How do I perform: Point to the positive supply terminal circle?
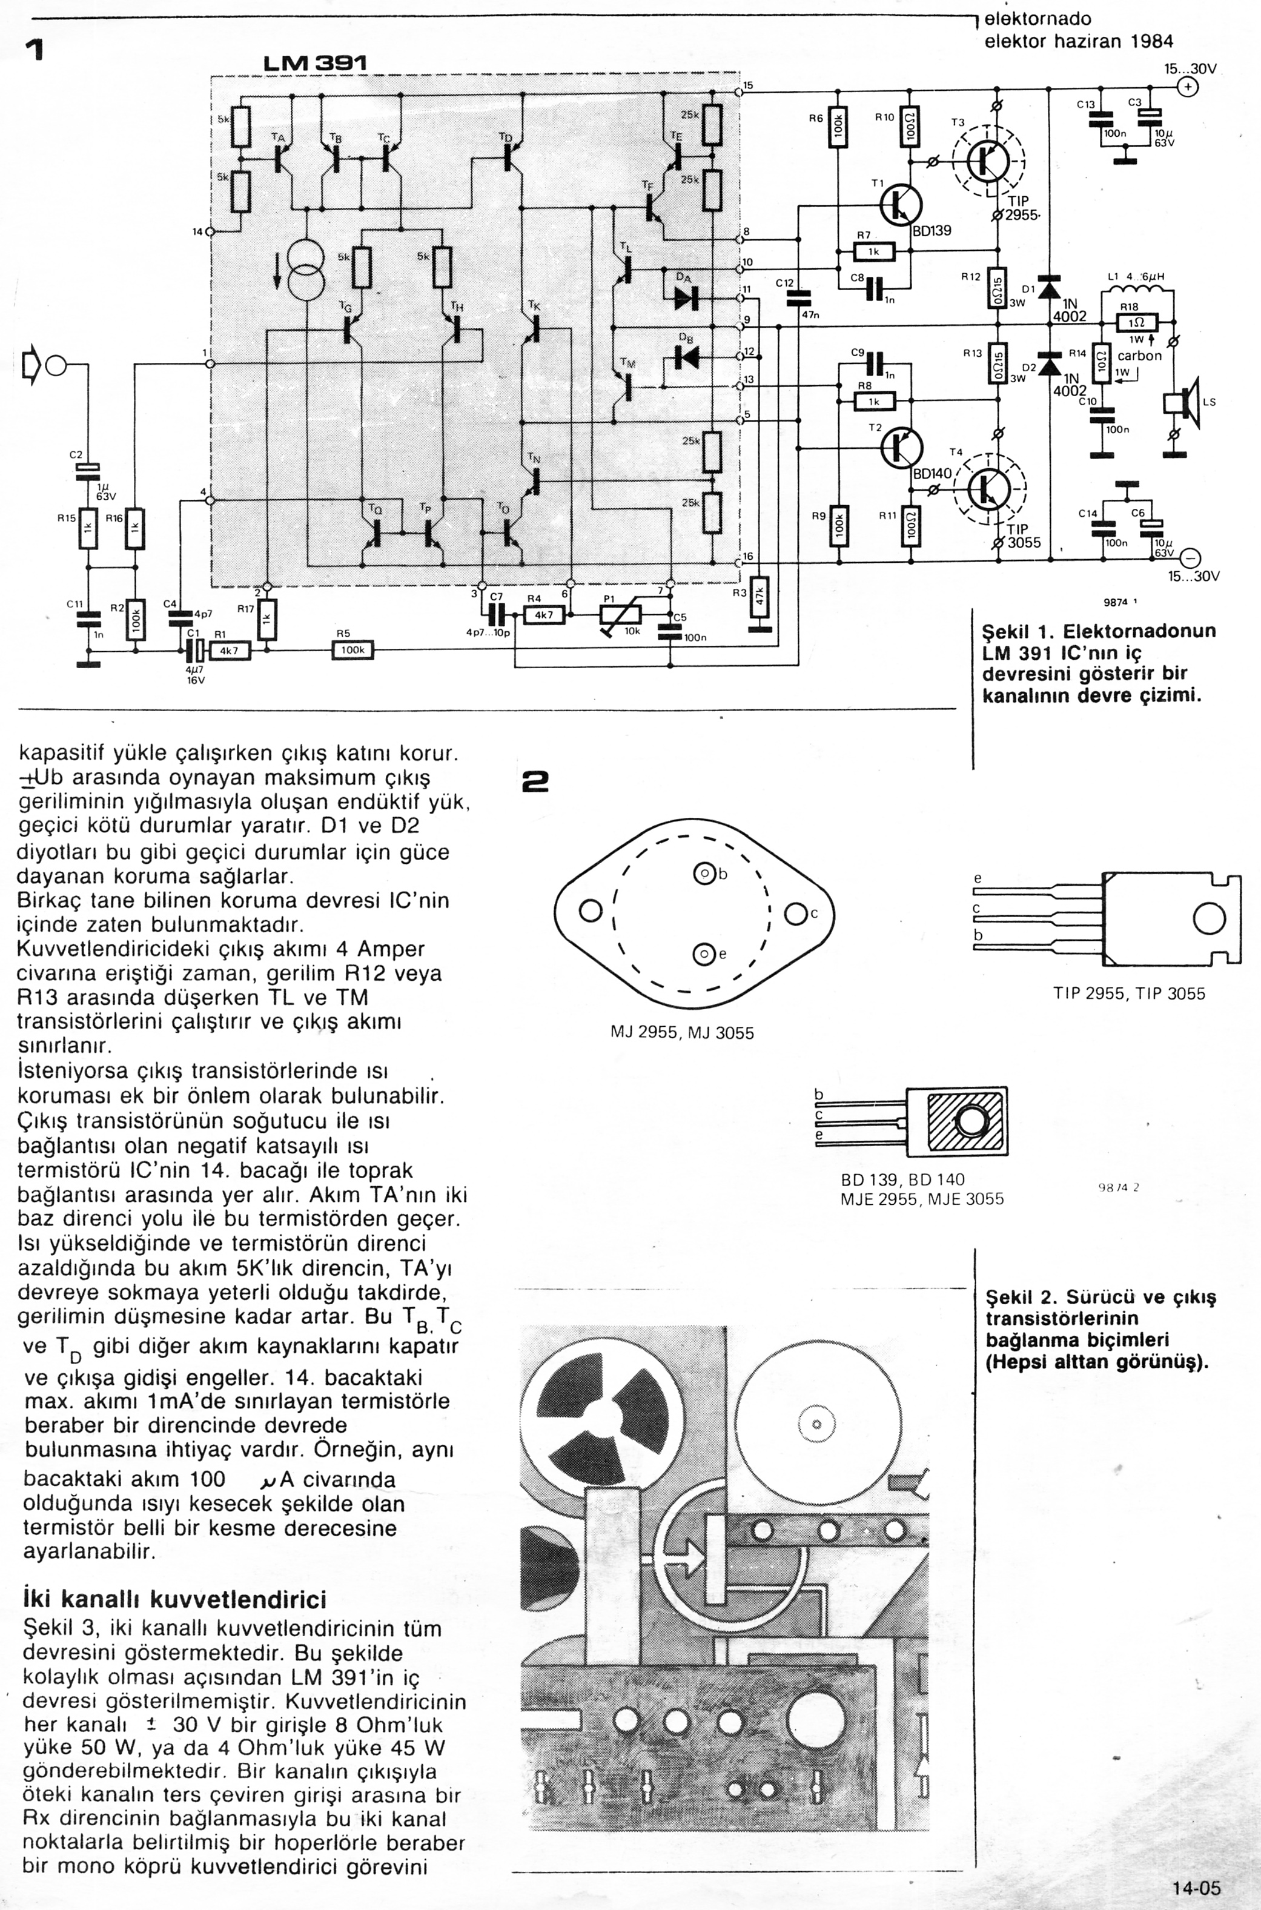(x=1187, y=88)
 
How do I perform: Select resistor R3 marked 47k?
(x=760, y=597)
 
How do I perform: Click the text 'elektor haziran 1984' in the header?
(x=1079, y=41)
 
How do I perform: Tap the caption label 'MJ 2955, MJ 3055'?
(x=682, y=1033)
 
